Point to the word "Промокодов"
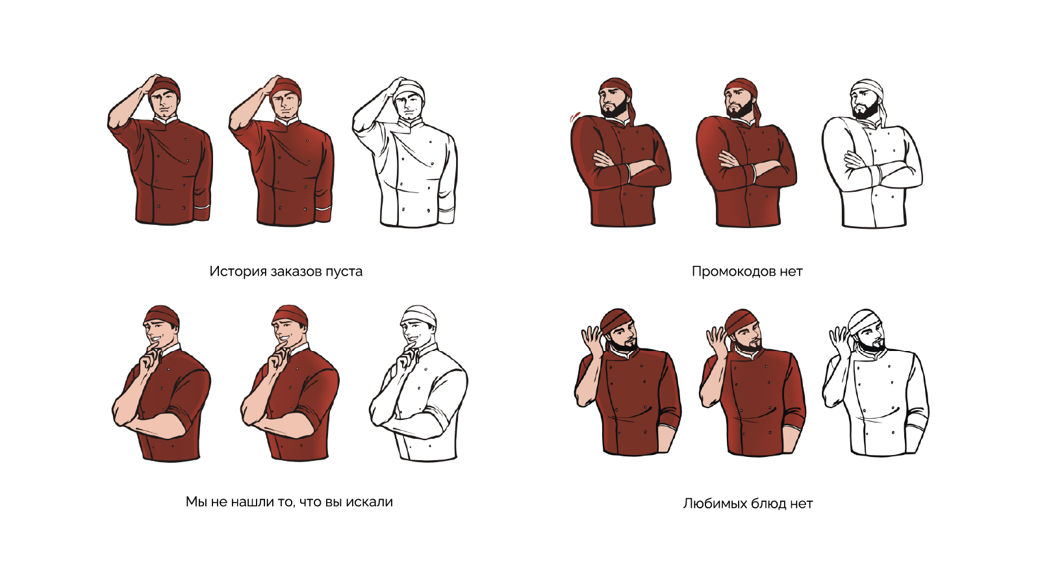point(733,271)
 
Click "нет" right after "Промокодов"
point(791,272)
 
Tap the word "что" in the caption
point(312,502)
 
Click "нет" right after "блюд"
point(802,504)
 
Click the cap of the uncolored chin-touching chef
point(420,315)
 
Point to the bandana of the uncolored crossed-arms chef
point(869,90)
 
